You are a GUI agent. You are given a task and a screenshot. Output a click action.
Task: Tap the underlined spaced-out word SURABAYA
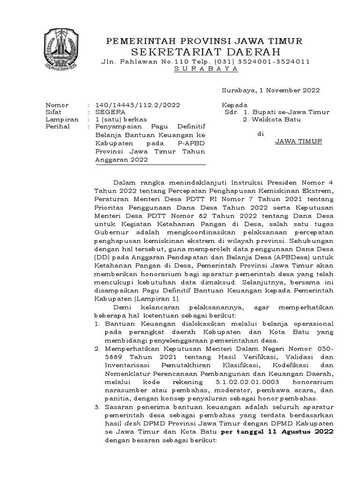coord(206,69)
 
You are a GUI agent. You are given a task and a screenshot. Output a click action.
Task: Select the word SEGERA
coord(110,112)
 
